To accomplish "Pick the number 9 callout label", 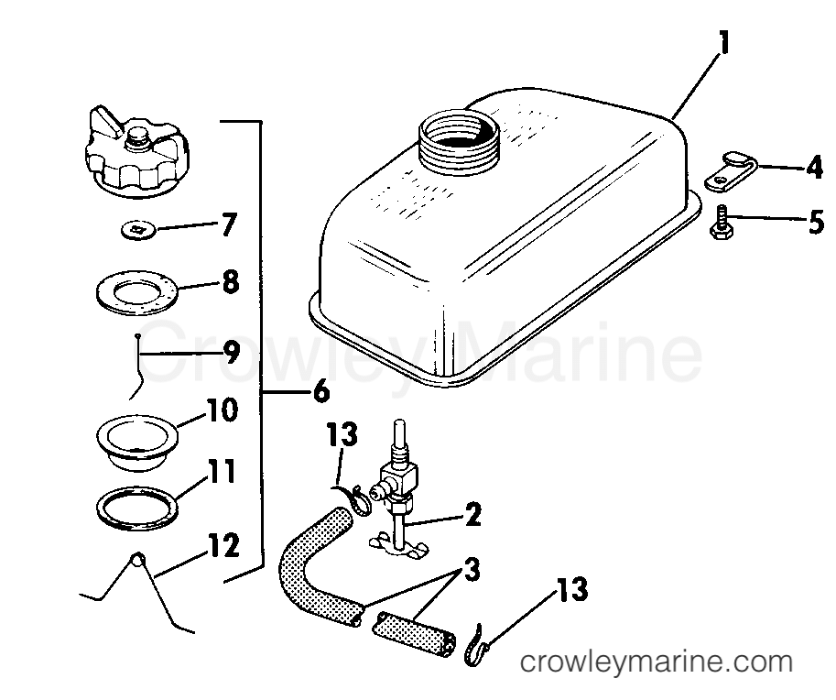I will point(230,350).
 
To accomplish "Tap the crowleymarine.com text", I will point(656,662).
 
